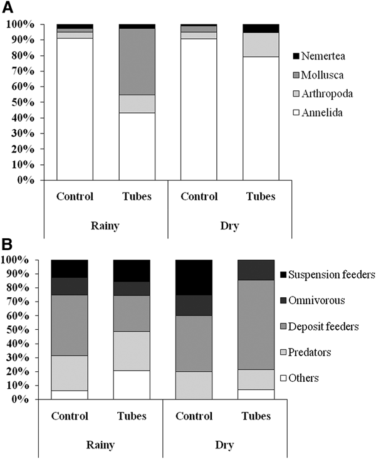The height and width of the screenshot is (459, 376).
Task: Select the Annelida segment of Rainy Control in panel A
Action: tap(75, 109)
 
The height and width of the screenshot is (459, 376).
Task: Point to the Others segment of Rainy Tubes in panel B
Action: tap(132, 384)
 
